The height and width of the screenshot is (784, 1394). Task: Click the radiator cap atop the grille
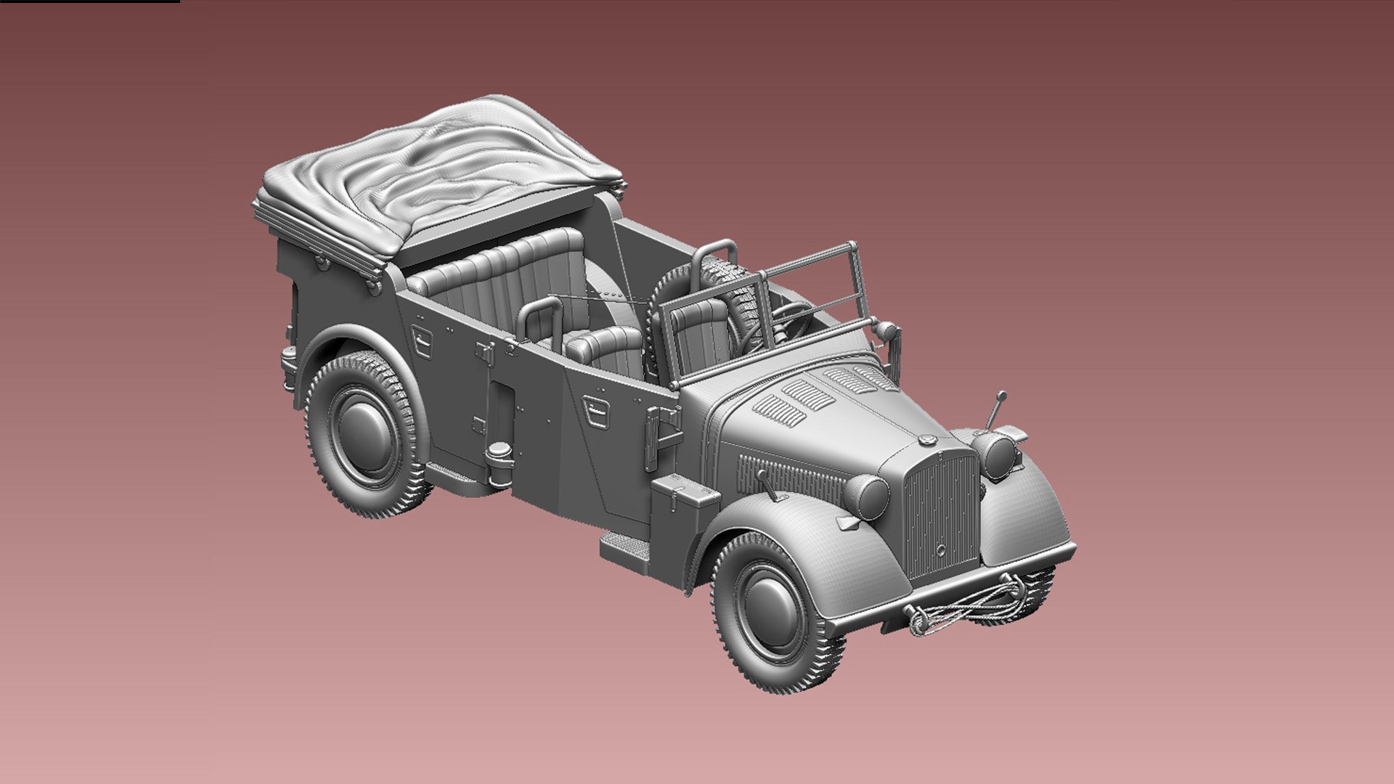[x=927, y=440]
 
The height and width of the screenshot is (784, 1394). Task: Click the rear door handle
[x=420, y=337]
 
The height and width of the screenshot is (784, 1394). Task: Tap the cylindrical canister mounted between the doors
[x=500, y=465]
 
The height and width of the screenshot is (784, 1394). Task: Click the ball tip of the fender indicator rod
[x=1003, y=396]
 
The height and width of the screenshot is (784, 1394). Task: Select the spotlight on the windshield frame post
[x=886, y=331]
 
